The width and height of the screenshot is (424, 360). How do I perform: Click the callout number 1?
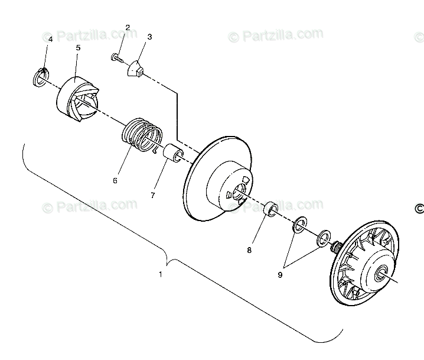(161, 274)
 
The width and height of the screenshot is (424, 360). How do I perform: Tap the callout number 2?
(128, 28)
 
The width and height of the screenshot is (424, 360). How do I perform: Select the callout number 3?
(149, 37)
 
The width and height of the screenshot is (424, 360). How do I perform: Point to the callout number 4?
(50, 39)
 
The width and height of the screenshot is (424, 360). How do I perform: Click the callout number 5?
(79, 47)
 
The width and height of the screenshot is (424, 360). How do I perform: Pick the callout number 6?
(116, 180)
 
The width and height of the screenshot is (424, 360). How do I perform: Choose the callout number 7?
(152, 195)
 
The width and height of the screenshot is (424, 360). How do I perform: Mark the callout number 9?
(280, 274)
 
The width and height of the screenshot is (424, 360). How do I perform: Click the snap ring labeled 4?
(41, 76)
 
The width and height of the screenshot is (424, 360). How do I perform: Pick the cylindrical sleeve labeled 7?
(172, 154)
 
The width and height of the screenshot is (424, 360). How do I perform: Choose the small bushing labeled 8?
(271, 209)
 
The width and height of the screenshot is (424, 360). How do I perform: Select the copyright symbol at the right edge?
(419, 208)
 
